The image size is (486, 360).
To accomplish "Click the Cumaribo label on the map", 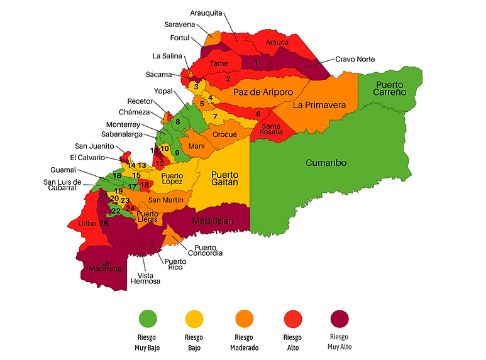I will [x=326, y=163].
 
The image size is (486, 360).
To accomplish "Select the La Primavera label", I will [x=319, y=105].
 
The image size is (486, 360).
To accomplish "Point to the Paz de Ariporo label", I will [x=263, y=92].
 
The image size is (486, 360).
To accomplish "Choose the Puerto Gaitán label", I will [x=224, y=178].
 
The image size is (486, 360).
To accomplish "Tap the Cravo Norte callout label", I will [x=355, y=59].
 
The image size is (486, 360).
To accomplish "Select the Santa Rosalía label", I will [x=272, y=129].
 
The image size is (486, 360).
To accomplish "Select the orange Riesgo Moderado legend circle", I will [x=243, y=319].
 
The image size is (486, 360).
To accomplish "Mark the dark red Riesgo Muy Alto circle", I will [x=338, y=319].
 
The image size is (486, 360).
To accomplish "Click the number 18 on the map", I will [x=145, y=185].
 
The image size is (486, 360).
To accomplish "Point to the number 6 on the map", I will [x=258, y=114].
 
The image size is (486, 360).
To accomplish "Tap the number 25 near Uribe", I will [x=104, y=224].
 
